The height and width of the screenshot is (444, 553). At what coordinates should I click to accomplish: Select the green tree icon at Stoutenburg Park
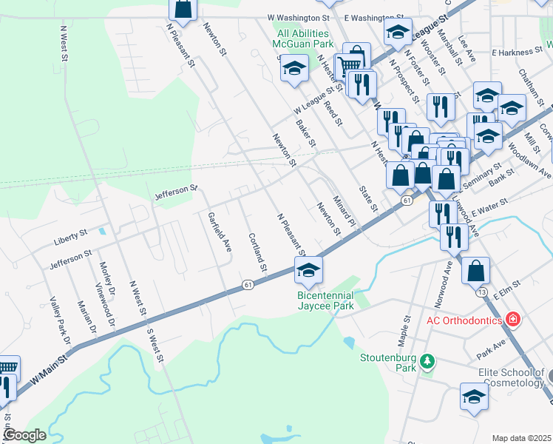pyautogui.click(x=427, y=361)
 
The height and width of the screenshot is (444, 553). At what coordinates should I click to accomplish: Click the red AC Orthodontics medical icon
pyautogui.click(x=512, y=320)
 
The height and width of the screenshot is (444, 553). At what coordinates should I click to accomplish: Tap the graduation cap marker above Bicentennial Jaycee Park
pyautogui.click(x=308, y=271)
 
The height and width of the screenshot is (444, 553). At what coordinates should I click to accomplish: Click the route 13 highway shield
pyautogui.click(x=481, y=292)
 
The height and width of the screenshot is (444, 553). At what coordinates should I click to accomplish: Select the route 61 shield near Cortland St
pyautogui.click(x=248, y=285)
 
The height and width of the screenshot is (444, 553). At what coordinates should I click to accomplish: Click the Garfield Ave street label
pyautogui.click(x=220, y=231)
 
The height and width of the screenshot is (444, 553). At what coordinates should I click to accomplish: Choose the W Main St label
pyautogui.click(x=49, y=369)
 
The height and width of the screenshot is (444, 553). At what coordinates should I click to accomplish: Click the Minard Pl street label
pyautogui.click(x=344, y=210)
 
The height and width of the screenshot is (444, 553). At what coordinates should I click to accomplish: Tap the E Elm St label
pyautogui.click(x=506, y=289)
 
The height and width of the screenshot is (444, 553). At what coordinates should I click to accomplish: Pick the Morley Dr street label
pyautogui.click(x=108, y=280)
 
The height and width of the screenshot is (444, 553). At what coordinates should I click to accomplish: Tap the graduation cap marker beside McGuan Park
pyautogui.click(x=294, y=69)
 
